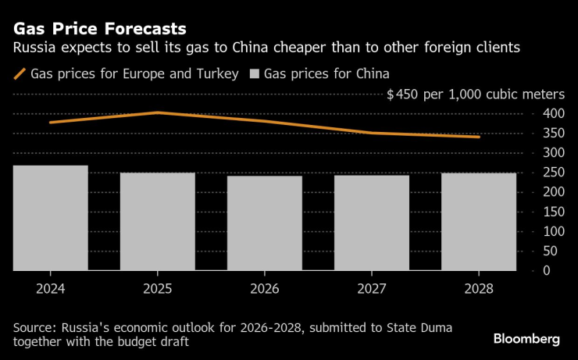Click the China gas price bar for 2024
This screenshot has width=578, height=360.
pyautogui.click(x=49, y=218)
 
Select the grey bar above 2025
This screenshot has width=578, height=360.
pyautogui.click(x=157, y=222)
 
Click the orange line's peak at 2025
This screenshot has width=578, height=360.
pyautogui.click(x=157, y=112)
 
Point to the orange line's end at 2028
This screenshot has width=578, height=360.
pyautogui.click(x=479, y=137)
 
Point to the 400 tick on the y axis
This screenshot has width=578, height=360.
pyautogui.click(x=552, y=113)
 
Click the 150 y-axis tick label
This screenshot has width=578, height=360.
pyautogui.click(x=552, y=212)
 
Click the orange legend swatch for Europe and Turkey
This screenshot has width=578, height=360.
pyautogui.click(x=18, y=75)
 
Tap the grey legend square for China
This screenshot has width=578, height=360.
pyautogui.click(x=253, y=75)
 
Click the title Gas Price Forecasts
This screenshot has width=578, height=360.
pyautogui.click(x=98, y=29)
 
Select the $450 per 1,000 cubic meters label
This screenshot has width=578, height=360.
pyautogui.click(x=476, y=94)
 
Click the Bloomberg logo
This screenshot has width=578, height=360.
pyautogui.click(x=526, y=339)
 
